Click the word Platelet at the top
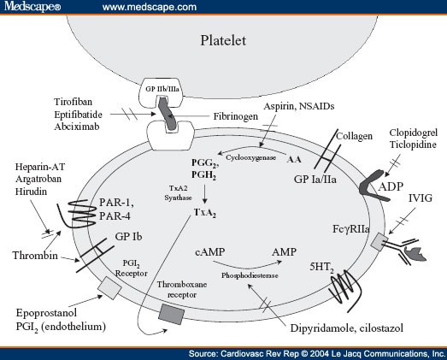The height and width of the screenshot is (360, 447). click(223, 40)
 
